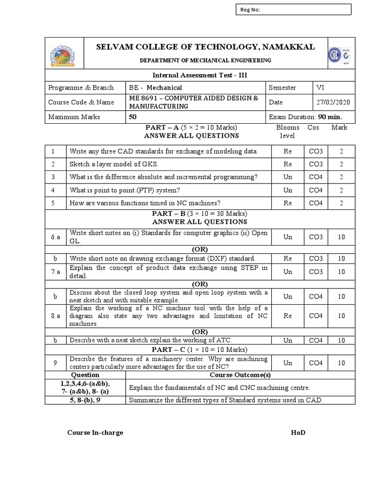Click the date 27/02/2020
click(332, 102)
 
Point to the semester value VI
click(320, 88)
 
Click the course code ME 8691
click(144, 98)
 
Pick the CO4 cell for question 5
click(316, 203)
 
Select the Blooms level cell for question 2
click(288, 164)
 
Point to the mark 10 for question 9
click(341, 363)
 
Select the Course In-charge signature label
click(95, 432)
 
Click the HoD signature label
click(298, 432)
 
